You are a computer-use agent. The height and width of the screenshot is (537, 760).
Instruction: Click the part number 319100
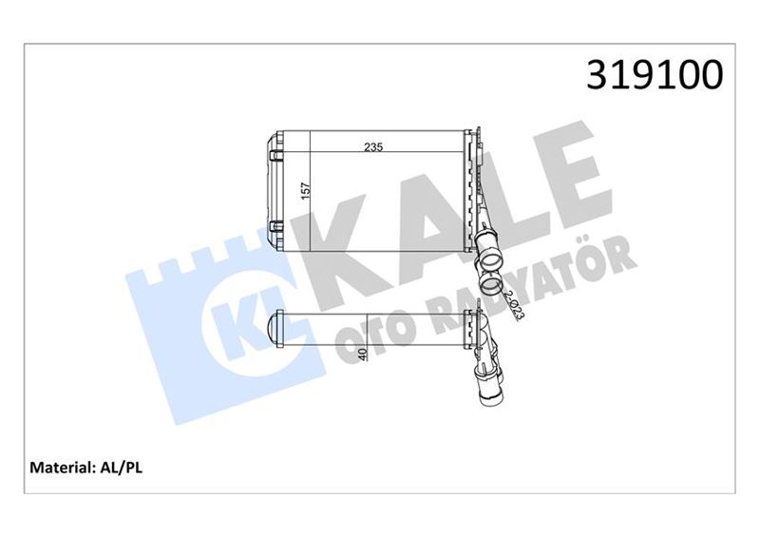point(655,74)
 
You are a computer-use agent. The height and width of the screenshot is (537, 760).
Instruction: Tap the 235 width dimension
point(377,147)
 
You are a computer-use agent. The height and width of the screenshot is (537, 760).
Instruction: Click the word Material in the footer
point(62,468)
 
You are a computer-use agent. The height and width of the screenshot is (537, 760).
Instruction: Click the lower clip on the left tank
point(276,226)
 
